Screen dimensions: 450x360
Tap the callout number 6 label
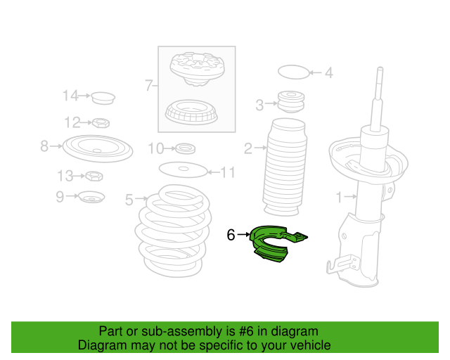231,235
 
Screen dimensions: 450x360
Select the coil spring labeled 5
173,231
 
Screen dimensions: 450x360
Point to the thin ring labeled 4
293,72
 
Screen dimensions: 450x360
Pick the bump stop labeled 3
291,102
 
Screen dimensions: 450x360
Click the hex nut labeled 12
101,123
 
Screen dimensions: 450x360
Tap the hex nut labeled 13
94,176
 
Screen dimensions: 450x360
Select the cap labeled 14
103,98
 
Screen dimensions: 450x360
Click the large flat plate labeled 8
98,148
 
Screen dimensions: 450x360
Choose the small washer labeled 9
92,197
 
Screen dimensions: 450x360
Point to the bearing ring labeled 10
186,148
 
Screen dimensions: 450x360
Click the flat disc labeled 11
183,169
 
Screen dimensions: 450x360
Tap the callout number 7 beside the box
148,85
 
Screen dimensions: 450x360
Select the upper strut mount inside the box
197,69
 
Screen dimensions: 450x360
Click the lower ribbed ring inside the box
191,112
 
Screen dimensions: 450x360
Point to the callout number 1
339,197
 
